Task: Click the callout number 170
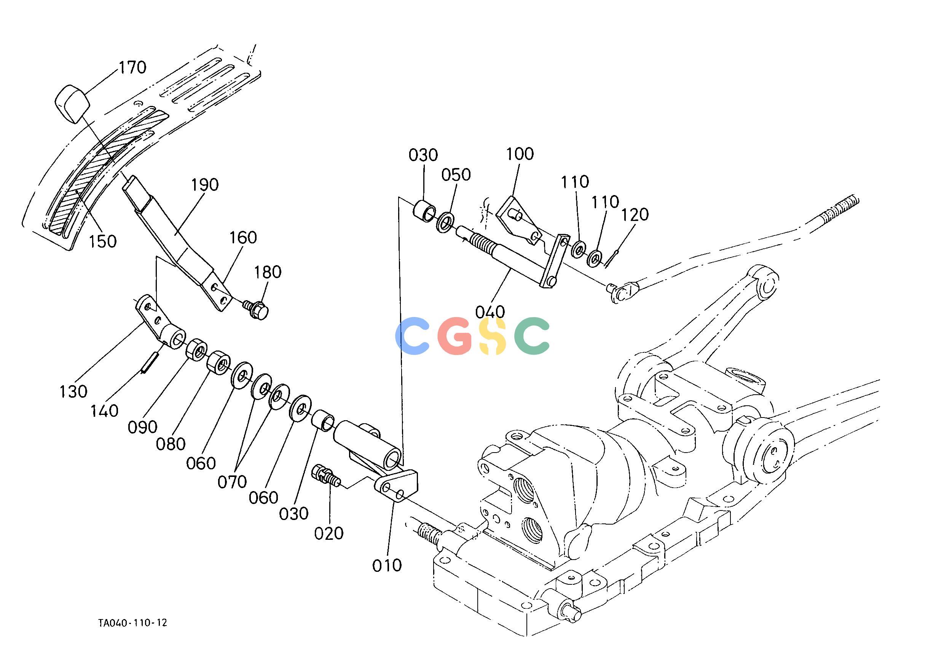coord(133,67)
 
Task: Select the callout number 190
coord(205,184)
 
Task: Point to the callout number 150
coord(103,241)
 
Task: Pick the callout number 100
coord(520,154)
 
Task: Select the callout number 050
coord(456,175)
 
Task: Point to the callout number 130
coord(73,392)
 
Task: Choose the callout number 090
coord(142,427)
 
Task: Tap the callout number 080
coord(171,445)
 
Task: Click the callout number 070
coord(232,482)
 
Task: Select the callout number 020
coord(329,533)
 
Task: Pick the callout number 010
coord(387,565)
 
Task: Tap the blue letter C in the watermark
coord(413,336)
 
